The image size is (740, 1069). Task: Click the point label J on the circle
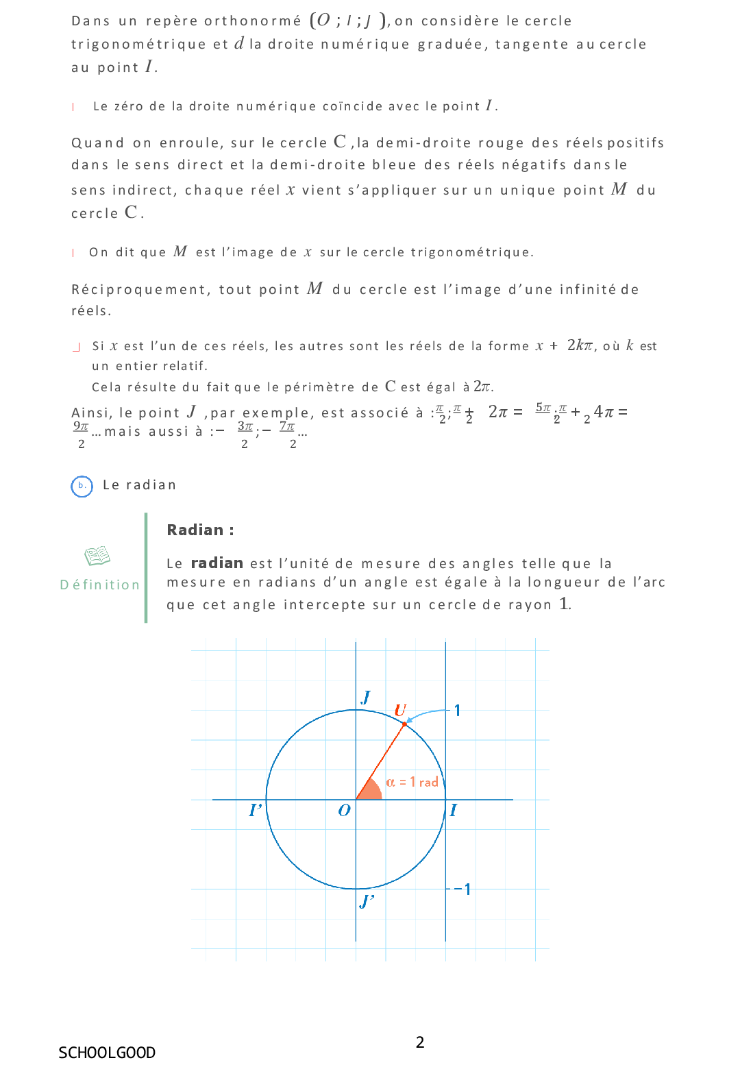pos(366,697)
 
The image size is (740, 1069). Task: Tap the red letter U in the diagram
pos(400,710)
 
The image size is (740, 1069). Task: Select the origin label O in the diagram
pos(344,811)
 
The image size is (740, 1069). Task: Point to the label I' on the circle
pos(256,810)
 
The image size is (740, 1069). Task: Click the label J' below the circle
pos(367,901)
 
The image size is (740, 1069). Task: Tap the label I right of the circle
pos(453,811)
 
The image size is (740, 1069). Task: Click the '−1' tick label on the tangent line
pos(463,889)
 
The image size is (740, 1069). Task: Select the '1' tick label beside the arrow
pos(457,711)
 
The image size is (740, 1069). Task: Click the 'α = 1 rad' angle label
pos(412,782)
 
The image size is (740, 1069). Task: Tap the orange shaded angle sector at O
pos(369,791)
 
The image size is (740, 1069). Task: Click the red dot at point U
pos(404,724)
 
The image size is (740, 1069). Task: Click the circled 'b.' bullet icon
pos(82,486)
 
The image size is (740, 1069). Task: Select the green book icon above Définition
pos(97,556)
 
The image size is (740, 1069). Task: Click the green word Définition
pos(100,585)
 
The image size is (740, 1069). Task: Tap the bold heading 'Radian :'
pos(200,530)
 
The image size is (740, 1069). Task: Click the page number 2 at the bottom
pos(420,1042)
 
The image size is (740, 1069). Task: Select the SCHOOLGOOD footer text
pos(107,1053)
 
